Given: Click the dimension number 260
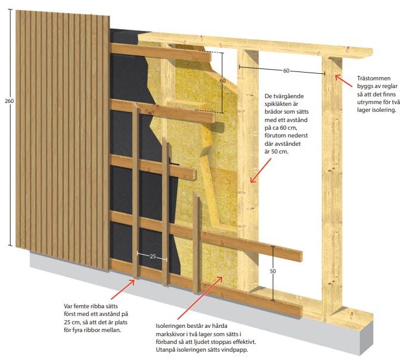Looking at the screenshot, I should click(8, 101).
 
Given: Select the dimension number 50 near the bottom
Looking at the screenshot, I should click(273, 271).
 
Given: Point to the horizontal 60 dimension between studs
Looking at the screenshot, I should click(286, 71).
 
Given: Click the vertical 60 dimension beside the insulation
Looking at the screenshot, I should click(222, 80).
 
